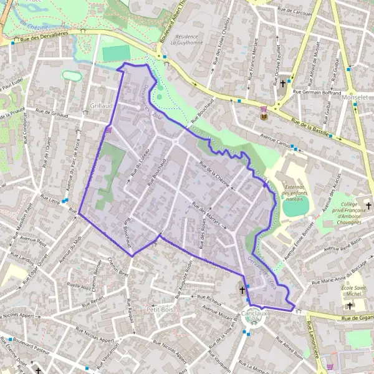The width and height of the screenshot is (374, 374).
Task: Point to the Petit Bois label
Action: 159,309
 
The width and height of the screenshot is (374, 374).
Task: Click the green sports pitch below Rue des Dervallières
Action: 117,54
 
